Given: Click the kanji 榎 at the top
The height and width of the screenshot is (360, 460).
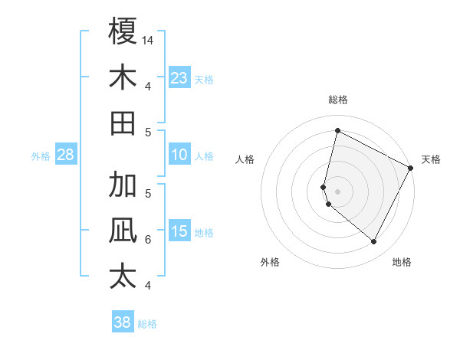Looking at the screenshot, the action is point(123,32).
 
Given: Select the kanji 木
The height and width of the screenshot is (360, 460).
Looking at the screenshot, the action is point(123,77).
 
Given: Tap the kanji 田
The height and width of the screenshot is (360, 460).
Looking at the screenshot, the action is point(123,123).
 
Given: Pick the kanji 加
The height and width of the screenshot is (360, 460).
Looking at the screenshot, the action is point(123,186).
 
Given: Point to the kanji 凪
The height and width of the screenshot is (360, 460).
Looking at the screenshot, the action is point(123,231).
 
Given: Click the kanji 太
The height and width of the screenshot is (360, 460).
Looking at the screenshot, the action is point(123,277).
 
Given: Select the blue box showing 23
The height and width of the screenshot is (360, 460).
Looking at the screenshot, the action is point(179,78).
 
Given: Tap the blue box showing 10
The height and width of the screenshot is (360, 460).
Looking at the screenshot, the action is point(179,155).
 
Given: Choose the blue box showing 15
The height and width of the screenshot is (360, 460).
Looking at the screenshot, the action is point(179,231).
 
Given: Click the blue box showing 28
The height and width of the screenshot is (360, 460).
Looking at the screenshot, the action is point(65,155).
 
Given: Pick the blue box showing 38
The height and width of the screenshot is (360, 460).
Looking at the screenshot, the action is point(122,323).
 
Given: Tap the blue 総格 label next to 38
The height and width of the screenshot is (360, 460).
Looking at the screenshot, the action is point(147,324).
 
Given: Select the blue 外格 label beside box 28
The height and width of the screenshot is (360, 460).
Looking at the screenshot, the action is point(41,156).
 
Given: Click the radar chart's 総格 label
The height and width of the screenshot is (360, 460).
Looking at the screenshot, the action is point(337,100).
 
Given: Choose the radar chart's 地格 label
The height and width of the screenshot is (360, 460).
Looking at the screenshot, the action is point(402,262).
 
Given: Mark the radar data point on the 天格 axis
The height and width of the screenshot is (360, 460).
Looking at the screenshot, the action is point(411,168).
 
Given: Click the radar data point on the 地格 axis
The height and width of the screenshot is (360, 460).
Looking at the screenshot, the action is point(373,241).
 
